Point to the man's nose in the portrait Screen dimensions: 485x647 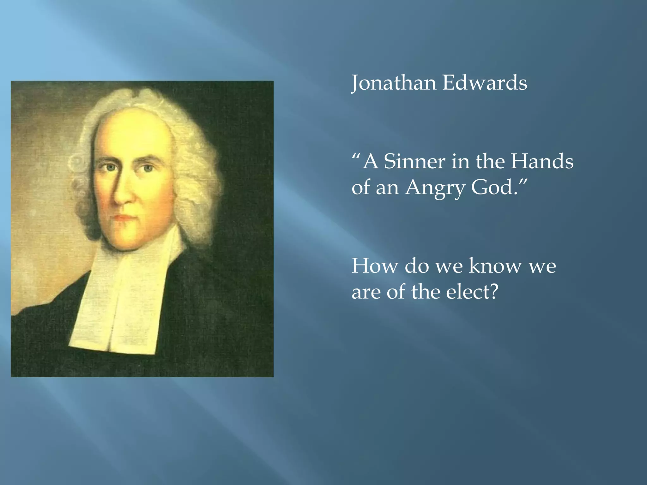[x=122, y=193]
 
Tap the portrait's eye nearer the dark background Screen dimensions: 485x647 [x=148, y=168]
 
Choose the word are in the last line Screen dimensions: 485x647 [x=366, y=292]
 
